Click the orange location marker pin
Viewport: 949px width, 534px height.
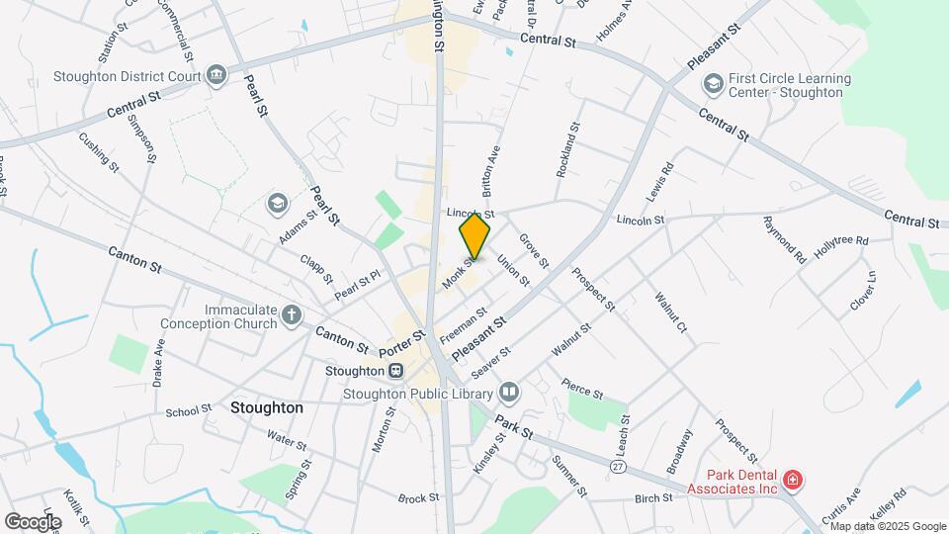coord(475,236)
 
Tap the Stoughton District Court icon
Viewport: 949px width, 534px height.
coord(216,75)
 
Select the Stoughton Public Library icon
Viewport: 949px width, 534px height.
coord(508,393)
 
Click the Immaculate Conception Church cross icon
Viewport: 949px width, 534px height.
coord(291,314)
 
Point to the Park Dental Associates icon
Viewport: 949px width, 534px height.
coord(792,482)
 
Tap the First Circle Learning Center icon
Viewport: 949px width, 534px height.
coord(712,85)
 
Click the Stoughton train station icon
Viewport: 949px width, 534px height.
coord(395,371)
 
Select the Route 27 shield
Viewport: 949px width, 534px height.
coord(619,466)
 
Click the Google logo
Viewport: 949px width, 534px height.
coord(33,521)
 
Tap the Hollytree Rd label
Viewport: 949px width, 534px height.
coord(840,240)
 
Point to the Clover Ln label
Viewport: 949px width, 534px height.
coord(863,290)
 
